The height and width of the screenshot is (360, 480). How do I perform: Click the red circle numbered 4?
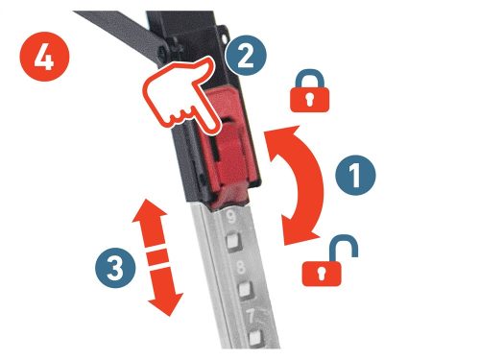click(x=45, y=57)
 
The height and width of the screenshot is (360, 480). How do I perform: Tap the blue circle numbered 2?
click(x=246, y=55)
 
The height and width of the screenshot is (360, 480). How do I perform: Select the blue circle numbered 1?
click(x=355, y=175)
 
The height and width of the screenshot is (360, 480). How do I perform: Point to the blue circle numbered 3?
click(x=115, y=268)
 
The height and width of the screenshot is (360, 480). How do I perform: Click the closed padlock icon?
click(x=309, y=91)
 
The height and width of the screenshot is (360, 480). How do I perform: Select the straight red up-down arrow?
click(x=157, y=257)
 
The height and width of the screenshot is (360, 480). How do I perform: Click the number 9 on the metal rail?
click(x=231, y=217)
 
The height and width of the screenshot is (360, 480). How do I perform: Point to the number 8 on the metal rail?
click(x=241, y=267)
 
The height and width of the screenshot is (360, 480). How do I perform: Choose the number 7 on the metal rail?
click(x=251, y=316)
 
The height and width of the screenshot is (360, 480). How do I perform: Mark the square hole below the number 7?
click(x=255, y=338)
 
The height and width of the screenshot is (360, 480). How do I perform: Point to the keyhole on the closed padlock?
click(x=309, y=100)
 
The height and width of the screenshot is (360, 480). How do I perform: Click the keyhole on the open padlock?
click(x=322, y=274)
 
